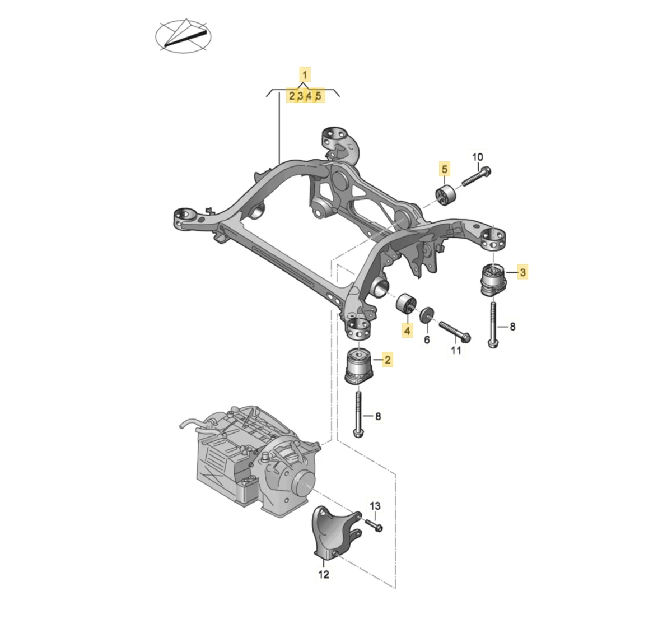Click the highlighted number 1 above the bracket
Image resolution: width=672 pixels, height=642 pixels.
(305, 75)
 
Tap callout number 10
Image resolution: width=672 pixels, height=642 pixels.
(477, 157)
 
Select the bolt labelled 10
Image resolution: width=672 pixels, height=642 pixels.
(477, 176)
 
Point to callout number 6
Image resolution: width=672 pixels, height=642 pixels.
(427, 340)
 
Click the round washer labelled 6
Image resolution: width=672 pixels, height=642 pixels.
(427, 314)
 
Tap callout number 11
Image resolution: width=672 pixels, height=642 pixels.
(456, 350)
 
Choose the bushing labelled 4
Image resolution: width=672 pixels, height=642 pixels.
(406, 304)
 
